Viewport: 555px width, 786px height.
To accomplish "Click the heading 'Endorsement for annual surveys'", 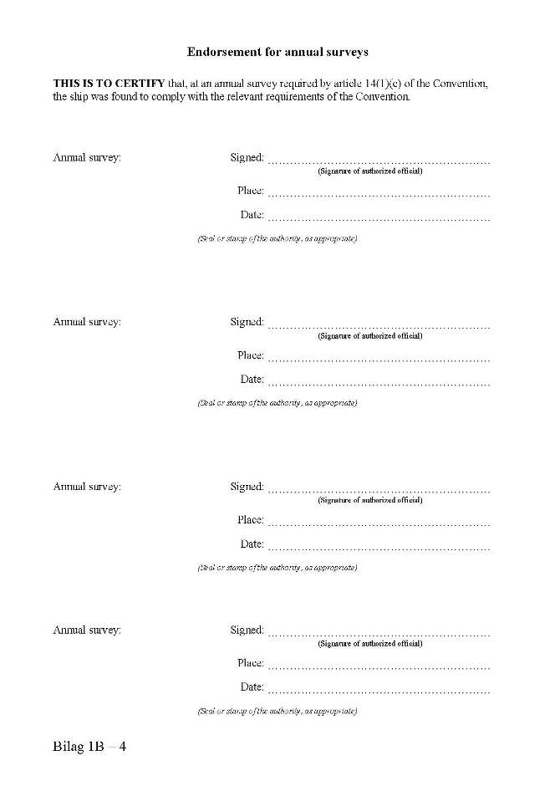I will point(277,52).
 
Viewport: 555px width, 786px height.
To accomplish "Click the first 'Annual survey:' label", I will point(87,157).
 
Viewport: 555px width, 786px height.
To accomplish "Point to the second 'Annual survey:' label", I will point(87,322).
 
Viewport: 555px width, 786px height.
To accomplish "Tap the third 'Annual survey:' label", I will point(87,487).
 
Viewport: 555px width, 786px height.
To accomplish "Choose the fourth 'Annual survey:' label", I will point(87,630).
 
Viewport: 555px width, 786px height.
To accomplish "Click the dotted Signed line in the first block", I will point(379,161).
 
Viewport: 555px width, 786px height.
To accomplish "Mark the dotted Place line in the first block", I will point(379,195).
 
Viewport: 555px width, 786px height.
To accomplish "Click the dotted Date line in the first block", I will point(379,219).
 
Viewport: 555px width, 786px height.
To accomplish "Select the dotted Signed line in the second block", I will point(379,325).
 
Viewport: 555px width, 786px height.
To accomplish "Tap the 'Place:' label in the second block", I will point(250,355).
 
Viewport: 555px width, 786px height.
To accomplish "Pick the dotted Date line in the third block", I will point(379,548).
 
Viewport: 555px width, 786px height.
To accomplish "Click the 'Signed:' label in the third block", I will point(247,487).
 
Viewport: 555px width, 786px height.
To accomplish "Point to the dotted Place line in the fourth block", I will point(379,667).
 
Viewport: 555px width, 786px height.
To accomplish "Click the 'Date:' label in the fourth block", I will point(252,687).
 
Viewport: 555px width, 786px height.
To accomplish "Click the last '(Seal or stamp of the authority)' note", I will point(277,712).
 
